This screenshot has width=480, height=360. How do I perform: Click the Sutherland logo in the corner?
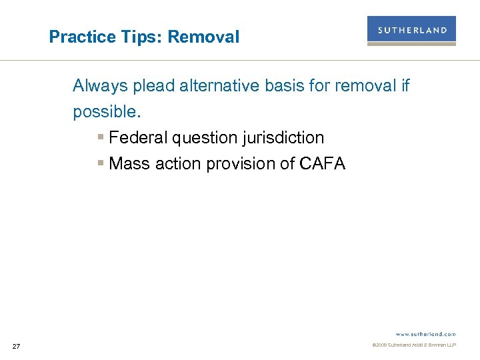(x=411, y=31)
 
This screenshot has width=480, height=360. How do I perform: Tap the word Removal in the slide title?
(x=203, y=37)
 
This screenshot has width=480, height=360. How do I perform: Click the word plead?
(x=151, y=86)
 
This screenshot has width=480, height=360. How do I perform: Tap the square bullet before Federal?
(x=100, y=138)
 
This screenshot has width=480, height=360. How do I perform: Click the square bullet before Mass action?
(x=100, y=164)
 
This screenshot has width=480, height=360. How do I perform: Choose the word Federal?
(x=138, y=138)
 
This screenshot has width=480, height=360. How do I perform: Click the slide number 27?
(x=17, y=346)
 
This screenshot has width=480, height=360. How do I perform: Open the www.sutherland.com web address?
(x=425, y=333)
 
